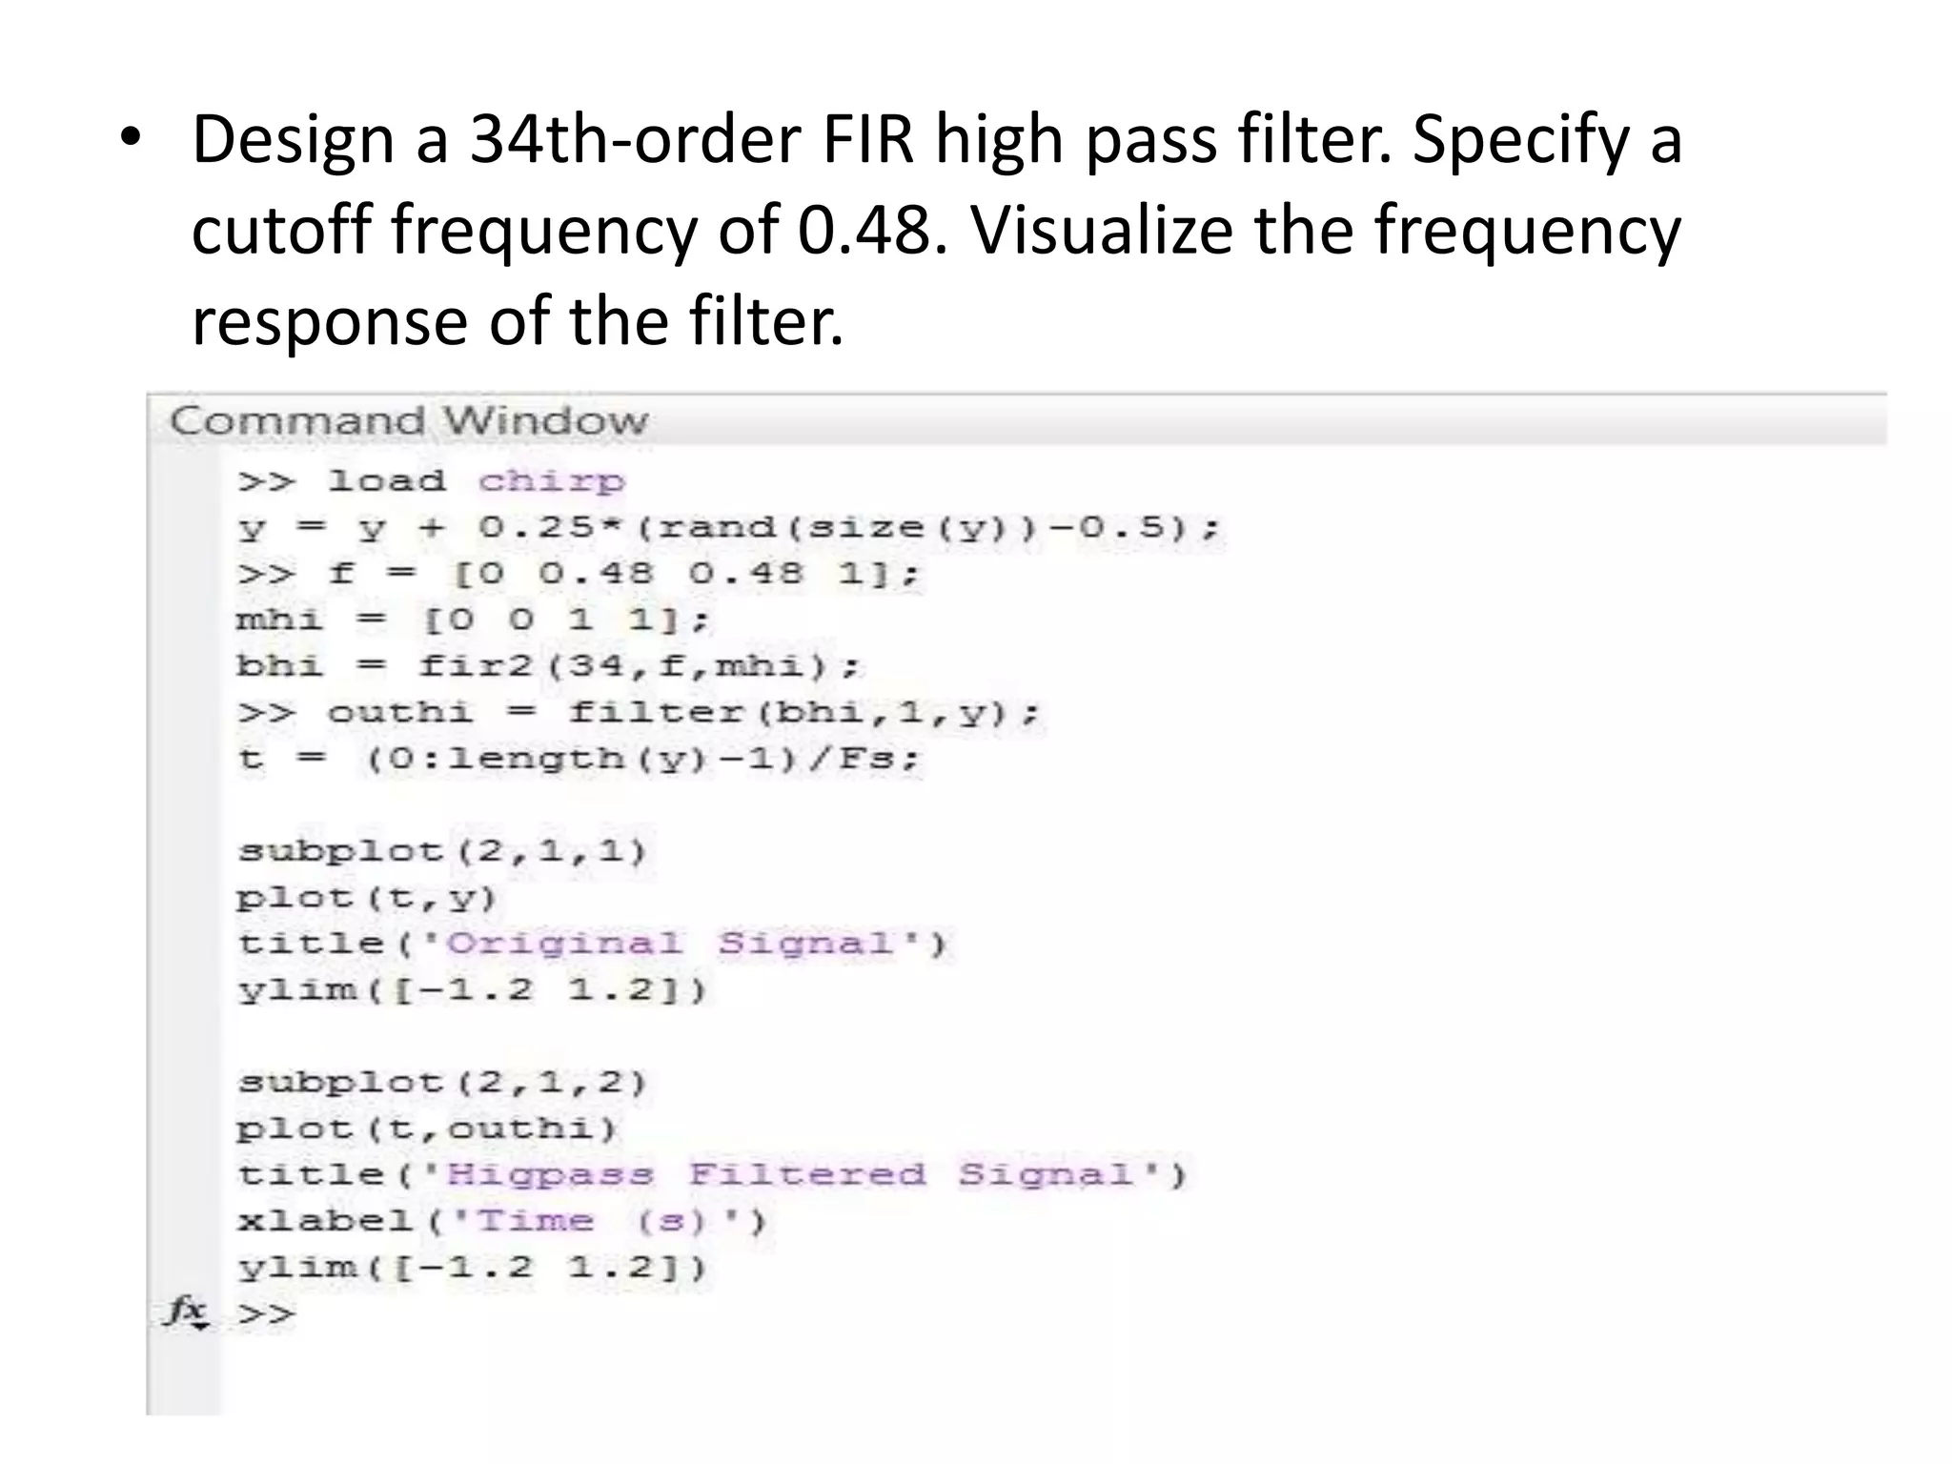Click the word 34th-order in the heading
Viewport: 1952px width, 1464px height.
[635, 140]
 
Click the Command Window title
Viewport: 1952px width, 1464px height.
[409, 420]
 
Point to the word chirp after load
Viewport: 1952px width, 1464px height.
[552, 480]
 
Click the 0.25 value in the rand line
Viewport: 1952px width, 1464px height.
[523, 527]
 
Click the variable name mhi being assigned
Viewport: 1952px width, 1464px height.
[279, 620]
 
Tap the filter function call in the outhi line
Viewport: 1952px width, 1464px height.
[655, 713]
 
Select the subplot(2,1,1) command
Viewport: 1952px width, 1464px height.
[442, 850]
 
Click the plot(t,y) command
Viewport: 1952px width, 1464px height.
[367, 897]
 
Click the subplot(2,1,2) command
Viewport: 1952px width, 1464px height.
[442, 1083]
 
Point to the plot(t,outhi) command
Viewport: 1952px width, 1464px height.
[427, 1129]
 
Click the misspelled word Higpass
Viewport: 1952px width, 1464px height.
[551, 1174]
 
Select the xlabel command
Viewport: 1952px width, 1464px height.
[324, 1221]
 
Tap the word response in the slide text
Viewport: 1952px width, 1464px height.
[330, 321]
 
